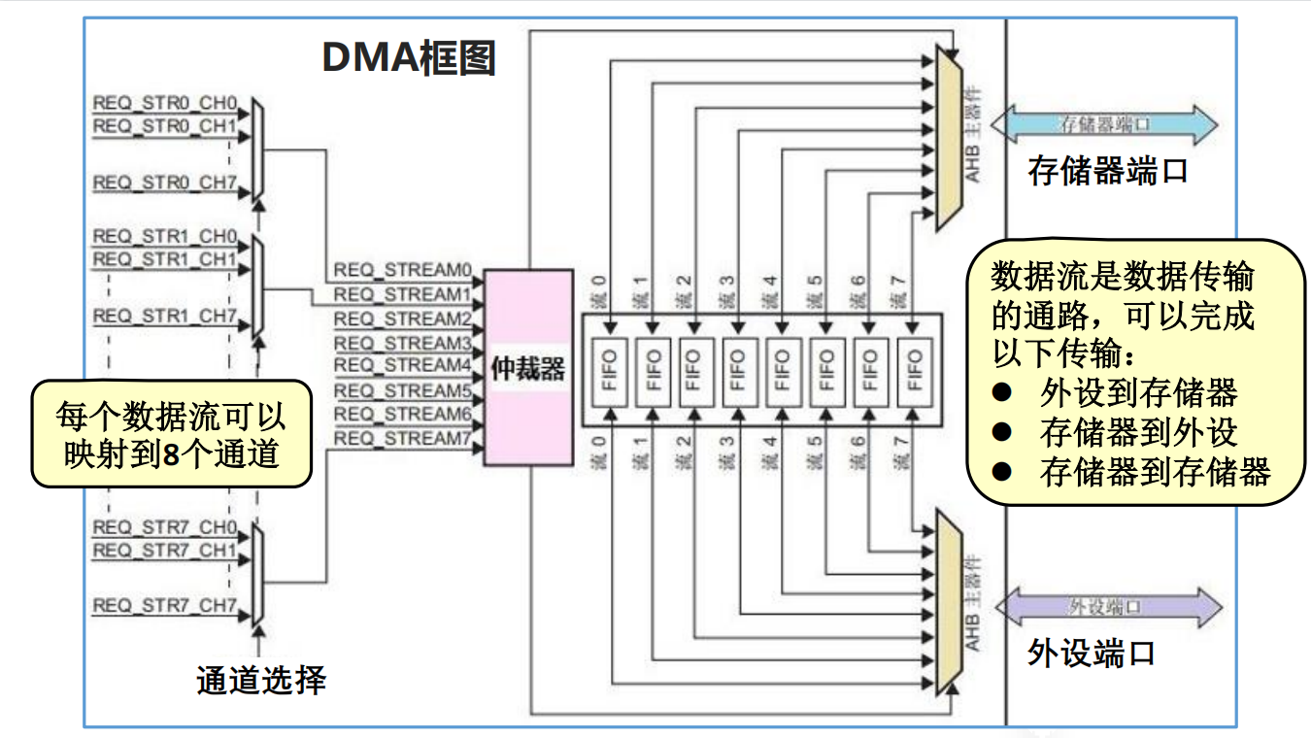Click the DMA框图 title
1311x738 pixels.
tap(409, 59)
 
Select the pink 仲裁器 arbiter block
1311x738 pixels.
tap(527, 368)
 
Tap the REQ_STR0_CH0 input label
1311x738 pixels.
tap(164, 102)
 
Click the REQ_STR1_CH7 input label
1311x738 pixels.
tap(164, 316)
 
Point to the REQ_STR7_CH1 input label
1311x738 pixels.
tap(164, 551)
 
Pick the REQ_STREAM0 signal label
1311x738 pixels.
tap(402, 269)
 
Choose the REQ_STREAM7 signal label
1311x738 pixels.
tap(402, 439)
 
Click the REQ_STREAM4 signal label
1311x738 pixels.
tap(402, 365)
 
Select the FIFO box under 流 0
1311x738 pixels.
tap(609, 370)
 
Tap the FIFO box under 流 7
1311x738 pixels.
tap(914, 370)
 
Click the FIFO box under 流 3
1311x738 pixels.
tap(739, 370)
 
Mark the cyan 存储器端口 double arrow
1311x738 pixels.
tap(1107, 125)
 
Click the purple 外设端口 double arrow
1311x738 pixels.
tap(1107, 607)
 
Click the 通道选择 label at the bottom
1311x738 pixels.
tap(260, 680)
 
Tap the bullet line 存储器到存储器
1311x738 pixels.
tap(1154, 473)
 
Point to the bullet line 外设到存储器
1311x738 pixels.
tap(1138, 393)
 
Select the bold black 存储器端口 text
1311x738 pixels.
tap(1108, 172)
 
